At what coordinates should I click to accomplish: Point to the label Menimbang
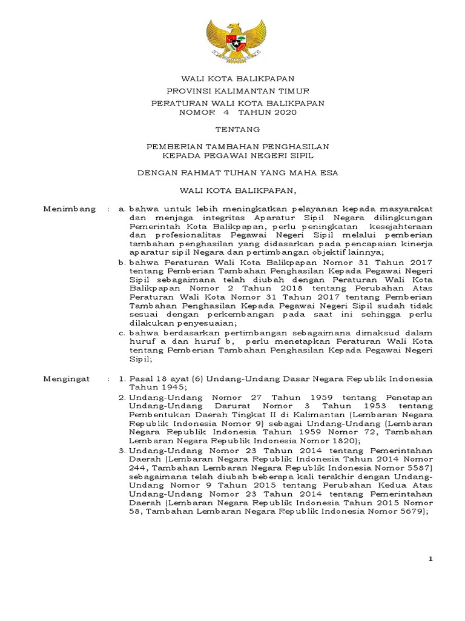coord(70,209)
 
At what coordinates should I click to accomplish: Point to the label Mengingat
coord(67,378)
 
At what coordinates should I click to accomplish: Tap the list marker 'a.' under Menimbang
coord(122,209)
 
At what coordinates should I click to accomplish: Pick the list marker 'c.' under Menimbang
coord(122,333)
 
